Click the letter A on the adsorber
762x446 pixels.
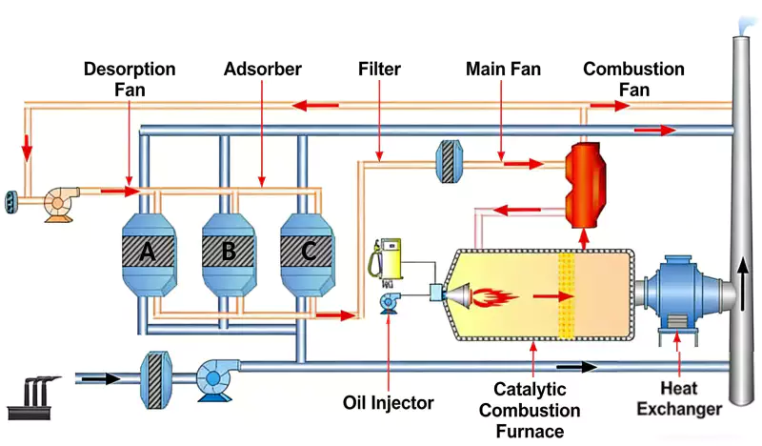(x=147, y=252)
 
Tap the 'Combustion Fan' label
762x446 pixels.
(x=633, y=79)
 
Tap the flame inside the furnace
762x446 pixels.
(x=495, y=295)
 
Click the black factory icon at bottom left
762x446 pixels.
(x=35, y=395)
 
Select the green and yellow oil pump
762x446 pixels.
(x=389, y=259)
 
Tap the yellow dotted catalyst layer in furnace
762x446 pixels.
(x=570, y=296)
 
